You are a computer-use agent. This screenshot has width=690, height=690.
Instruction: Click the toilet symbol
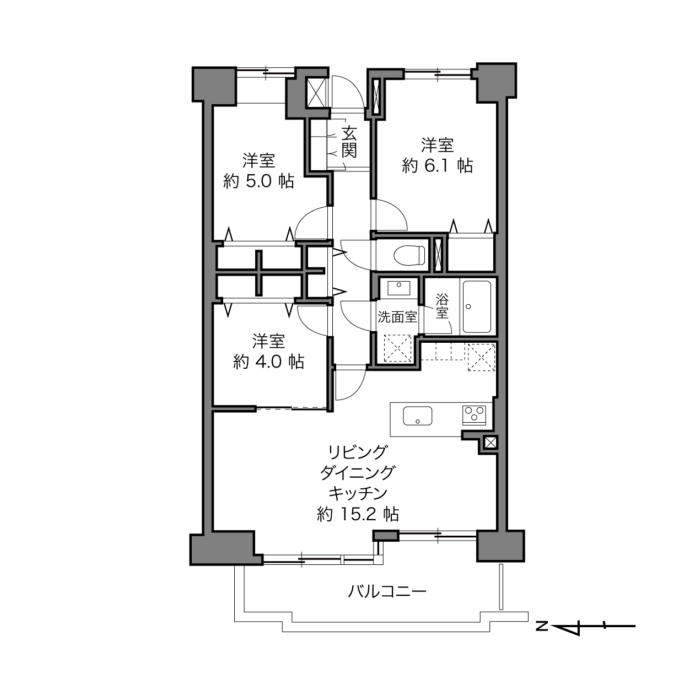409,255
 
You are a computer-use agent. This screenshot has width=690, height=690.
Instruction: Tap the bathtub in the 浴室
477,306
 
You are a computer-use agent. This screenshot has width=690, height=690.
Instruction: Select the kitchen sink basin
417,416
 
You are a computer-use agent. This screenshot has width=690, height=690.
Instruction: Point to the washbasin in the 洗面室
399,288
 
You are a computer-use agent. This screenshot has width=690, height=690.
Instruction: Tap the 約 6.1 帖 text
437,166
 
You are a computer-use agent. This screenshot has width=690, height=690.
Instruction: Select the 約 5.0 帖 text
258,181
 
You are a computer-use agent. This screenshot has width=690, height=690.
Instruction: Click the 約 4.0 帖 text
268,362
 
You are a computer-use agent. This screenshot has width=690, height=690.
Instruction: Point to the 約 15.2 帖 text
358,515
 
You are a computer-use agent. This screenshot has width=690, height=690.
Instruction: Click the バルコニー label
387,591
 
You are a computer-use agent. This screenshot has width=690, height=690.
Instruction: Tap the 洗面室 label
397,317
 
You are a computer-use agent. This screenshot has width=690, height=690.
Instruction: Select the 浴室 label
442,306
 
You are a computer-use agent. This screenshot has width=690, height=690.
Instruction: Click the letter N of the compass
542,627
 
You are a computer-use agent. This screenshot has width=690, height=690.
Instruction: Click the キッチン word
358,494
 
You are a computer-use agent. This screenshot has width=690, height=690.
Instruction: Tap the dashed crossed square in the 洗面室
397,348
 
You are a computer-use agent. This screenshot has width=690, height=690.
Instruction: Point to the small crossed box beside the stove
490,443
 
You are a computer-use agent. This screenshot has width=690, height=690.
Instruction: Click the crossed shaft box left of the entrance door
316,93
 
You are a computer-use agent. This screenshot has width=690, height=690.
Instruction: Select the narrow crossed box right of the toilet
438,254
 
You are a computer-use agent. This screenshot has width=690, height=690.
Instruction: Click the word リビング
358,452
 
